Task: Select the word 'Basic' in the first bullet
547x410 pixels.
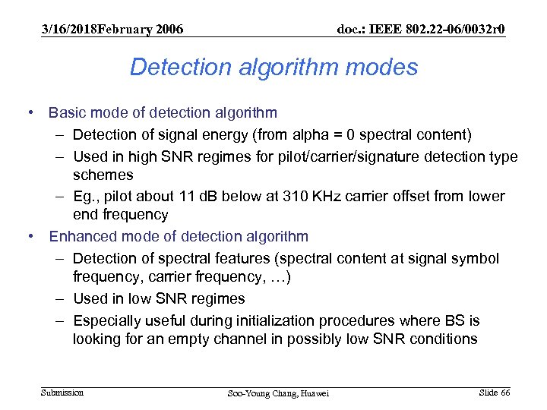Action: (x=66, y=113)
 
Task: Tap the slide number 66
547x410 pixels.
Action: (x=504, y=392)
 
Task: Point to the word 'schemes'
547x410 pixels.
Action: (x=103, y=175)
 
